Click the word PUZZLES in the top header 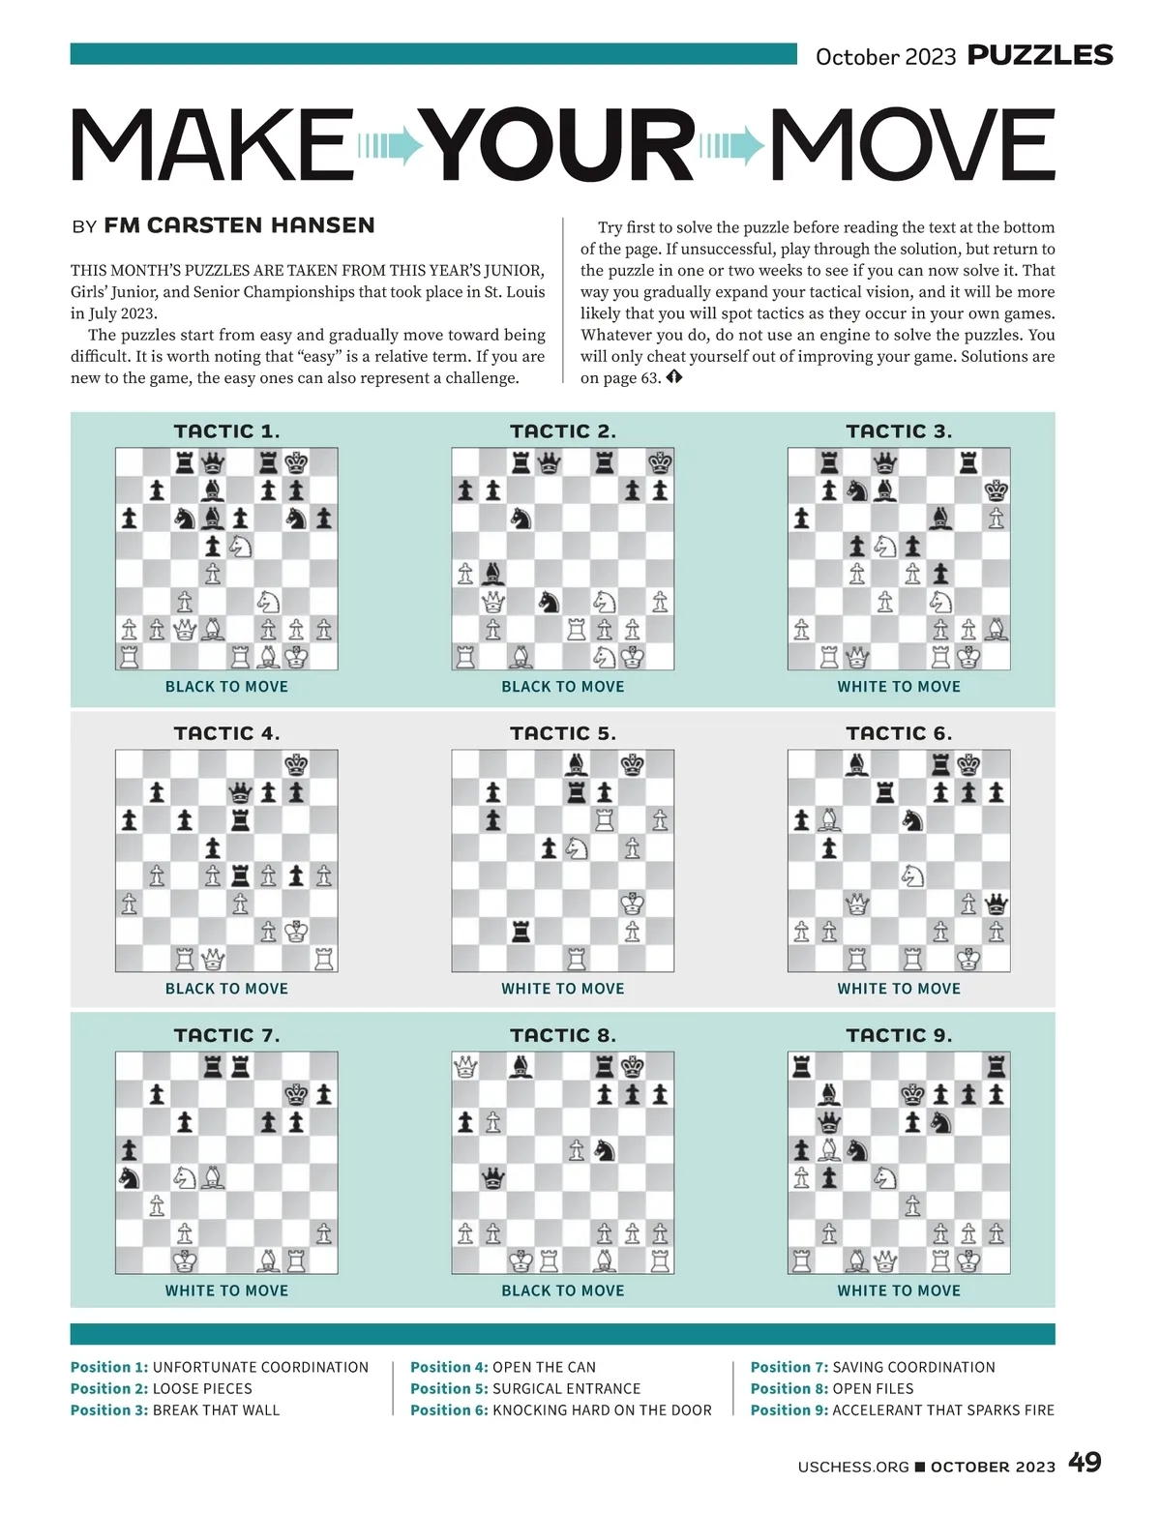click(x=1040, y=55)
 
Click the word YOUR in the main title click(x=561, y=145)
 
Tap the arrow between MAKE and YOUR click(x=391, y=146)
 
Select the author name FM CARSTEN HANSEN click(x=239, y=225)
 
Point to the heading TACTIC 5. click(x=562, y=733)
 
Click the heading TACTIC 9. click(x=899, y=1035)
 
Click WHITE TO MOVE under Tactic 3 click(x=899, y=687)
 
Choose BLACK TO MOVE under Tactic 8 click(x=562, y=1290)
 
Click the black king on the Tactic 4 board click(x=296, y=764)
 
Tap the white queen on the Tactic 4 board click(x=213, y=960)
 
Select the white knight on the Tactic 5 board click(x=577, y=848)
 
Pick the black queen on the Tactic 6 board click(x=996, y=905)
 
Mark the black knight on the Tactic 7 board click(x=129, y=1177)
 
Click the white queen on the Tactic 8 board click(x=465, y=1067)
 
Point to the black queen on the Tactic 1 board click(x=213, y=462)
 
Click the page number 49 click(x=1085, y=1462)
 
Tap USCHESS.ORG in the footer click(x=853, y=1467)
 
